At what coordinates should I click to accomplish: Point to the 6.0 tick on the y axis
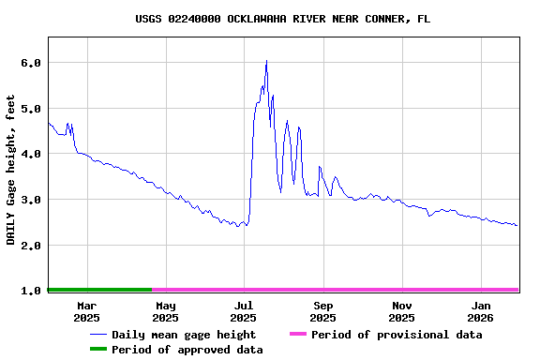tap(31, 63)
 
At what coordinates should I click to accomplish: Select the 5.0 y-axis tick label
tap(31, 109)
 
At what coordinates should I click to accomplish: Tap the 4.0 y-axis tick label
tap(31, 154)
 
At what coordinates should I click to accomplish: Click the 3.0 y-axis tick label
tap(31, 200)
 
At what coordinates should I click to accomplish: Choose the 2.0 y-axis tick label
tap(31, 246)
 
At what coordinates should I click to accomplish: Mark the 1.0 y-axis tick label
tap(31, 291)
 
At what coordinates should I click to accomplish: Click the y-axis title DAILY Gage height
tap(11, 170)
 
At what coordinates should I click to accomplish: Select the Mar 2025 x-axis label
tap(86, 311)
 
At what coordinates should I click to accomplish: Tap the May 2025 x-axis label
tap(165, 311)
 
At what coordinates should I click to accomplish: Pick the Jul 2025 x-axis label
tap(244, 311)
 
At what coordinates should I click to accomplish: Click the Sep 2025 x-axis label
tap(323, 311)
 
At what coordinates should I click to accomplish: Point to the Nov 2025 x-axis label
tap(402, 311)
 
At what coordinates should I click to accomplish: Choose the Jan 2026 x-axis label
tap(481, 311)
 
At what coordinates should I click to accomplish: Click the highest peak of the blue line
tap(266, 61)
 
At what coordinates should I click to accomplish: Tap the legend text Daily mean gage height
tap(183, 335)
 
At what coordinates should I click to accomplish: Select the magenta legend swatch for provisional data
tap(297, 335)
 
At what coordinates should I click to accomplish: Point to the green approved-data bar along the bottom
tap(99, 290)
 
